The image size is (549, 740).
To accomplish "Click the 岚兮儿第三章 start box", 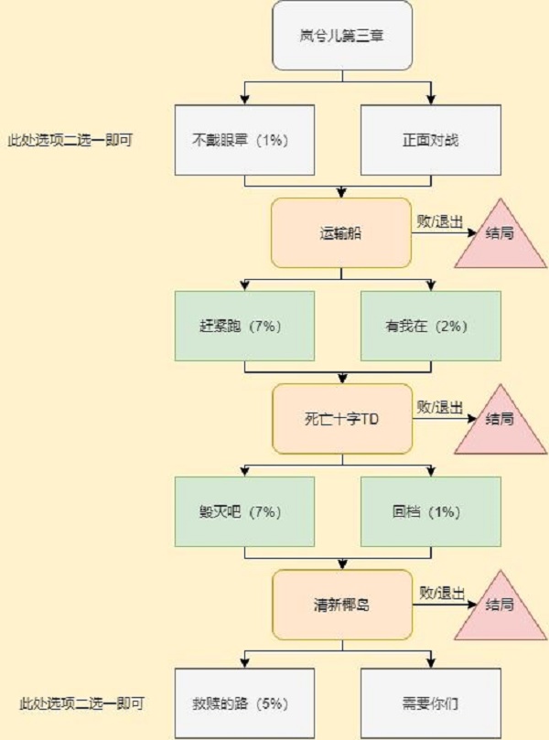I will pyautogui.click(x=342, y=37).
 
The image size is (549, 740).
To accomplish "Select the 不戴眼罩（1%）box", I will pyautogui.click(x=245, y=140).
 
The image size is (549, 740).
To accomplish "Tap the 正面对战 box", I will pyautogui.click(x=431, y=140).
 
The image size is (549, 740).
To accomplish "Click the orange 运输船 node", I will pyautogui.click(x=341, y=232).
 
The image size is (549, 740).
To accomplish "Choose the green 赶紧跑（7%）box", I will pyautogui.click(x=245, y=326).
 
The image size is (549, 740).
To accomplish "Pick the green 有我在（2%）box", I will pyautogui.click(x=431, y=326).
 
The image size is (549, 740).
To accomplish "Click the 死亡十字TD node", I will pyautogui.click(x=341, y=419).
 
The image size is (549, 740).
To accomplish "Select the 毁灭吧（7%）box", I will pyautogui.click(x=245, y=512).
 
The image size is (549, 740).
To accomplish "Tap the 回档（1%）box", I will pyautogui.click(x=431, y=512).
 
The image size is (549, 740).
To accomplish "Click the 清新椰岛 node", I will pyautogui.click(x=341, y=605).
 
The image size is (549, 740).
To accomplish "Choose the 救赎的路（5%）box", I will pyautogui.click(x=245, y=703).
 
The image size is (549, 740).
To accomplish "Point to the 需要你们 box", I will pyautogui.click(x=431, y=703).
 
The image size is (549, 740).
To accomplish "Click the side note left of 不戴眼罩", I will pyautogui.click(x=70, y=141).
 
